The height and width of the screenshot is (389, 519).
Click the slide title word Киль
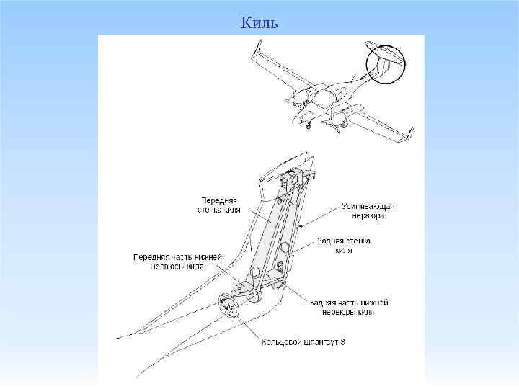point(259,23)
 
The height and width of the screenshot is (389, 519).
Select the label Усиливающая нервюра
point(369,211)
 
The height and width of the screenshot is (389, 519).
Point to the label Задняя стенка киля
point(343,246)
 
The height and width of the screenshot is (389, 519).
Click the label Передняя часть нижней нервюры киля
point(177,261)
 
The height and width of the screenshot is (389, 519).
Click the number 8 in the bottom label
point(342,341)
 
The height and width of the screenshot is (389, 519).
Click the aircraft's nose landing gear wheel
point(309,125)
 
